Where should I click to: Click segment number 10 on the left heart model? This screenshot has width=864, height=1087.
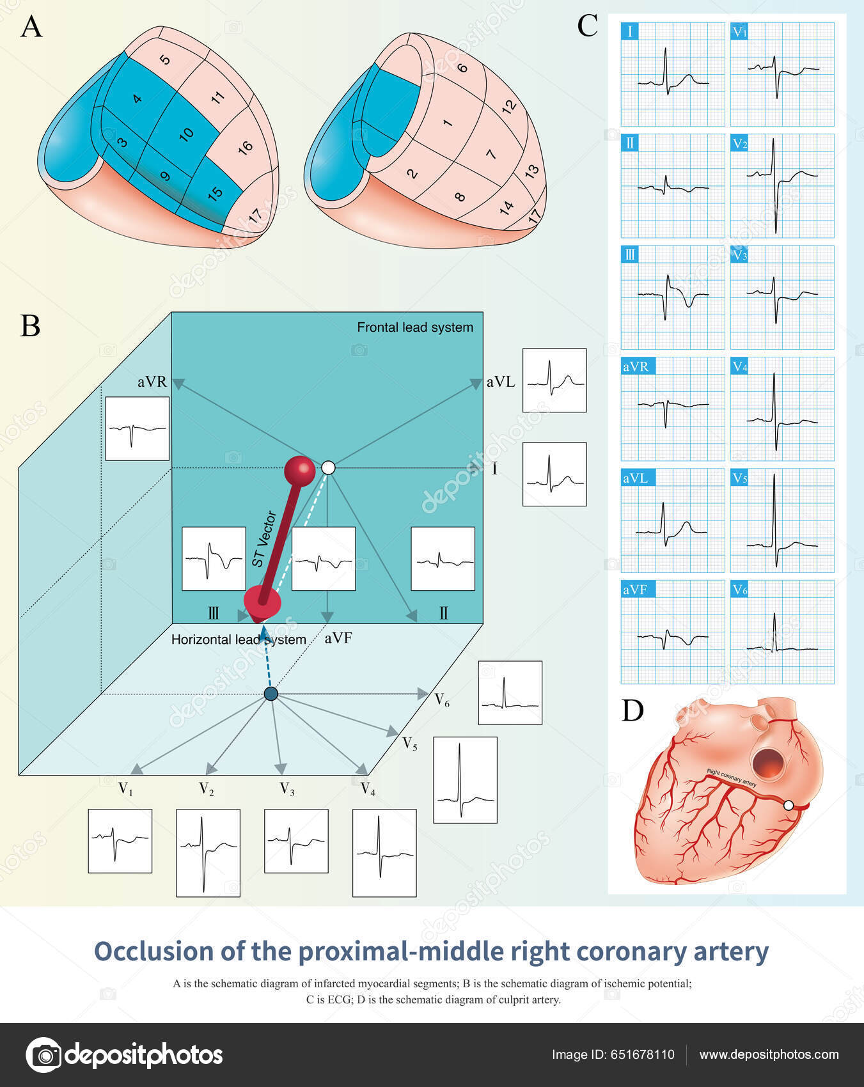pyautogui.click(x=186, y=134)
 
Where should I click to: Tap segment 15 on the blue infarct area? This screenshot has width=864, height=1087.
pyautogui.click(x=216, y=193)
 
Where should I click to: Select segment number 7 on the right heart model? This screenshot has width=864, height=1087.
pyautogui.click(x=491, y=154)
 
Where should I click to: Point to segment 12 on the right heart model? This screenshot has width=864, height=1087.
pyautogui.click(x=509, y=106)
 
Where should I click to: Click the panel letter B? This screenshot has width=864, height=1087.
pyautogui.click(x=30, y=325)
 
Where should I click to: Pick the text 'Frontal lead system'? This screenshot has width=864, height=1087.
pyautogui.click(x=415, y=327)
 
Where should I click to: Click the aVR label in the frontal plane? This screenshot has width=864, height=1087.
pyautogui.click(x=152, y=382)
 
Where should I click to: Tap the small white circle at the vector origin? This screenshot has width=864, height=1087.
pyautogui.click(x=328, y=468)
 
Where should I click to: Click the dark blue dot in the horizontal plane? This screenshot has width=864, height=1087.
pyautogui.click(x=271, y=694)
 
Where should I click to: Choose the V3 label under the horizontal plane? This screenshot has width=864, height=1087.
pyautogui.click(x=287, y=789)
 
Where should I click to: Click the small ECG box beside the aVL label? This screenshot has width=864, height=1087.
pyautogui.click(x=554, y=380)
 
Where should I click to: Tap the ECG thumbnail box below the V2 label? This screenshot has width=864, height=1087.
pyautogui.click(x=208, y=852)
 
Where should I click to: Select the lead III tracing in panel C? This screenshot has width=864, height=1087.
pyautogui.click(x=673, y=297)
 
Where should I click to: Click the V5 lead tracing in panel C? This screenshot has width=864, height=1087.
pyautogui.click(x=782, y=520)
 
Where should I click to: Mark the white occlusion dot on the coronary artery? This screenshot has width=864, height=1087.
pyautogui.click(x=789, y=806)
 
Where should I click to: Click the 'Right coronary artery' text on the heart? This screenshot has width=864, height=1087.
pyautogui.click(x=731, y=778)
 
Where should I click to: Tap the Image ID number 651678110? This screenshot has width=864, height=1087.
pyautogui.click(x=641, y=1055)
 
